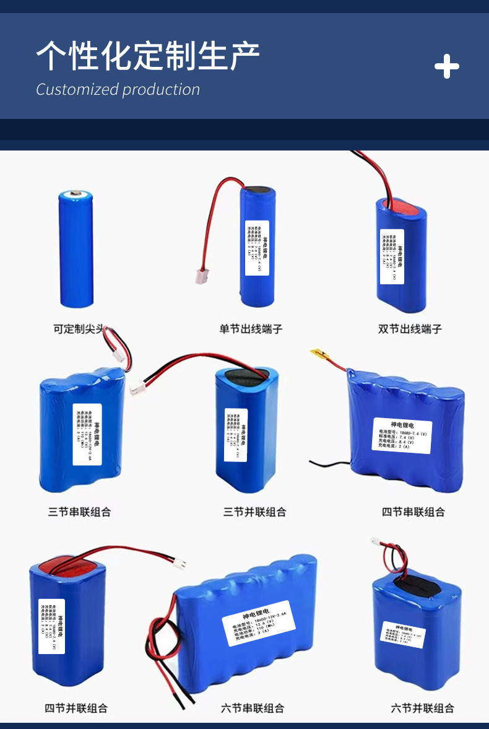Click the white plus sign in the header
click(446, 66)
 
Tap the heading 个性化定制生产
click(147, 57)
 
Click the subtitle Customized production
click(118, 90)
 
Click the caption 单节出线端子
click(251, 329)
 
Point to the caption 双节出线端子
click(410, 329)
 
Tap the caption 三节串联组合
click(80, 512)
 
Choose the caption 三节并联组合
click(254, 512)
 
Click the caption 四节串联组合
click(413, 512)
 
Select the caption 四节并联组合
click(76, 708)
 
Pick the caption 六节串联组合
click(253, 708)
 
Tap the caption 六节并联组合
click(422, 708)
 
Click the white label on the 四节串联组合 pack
click(402, 435)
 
